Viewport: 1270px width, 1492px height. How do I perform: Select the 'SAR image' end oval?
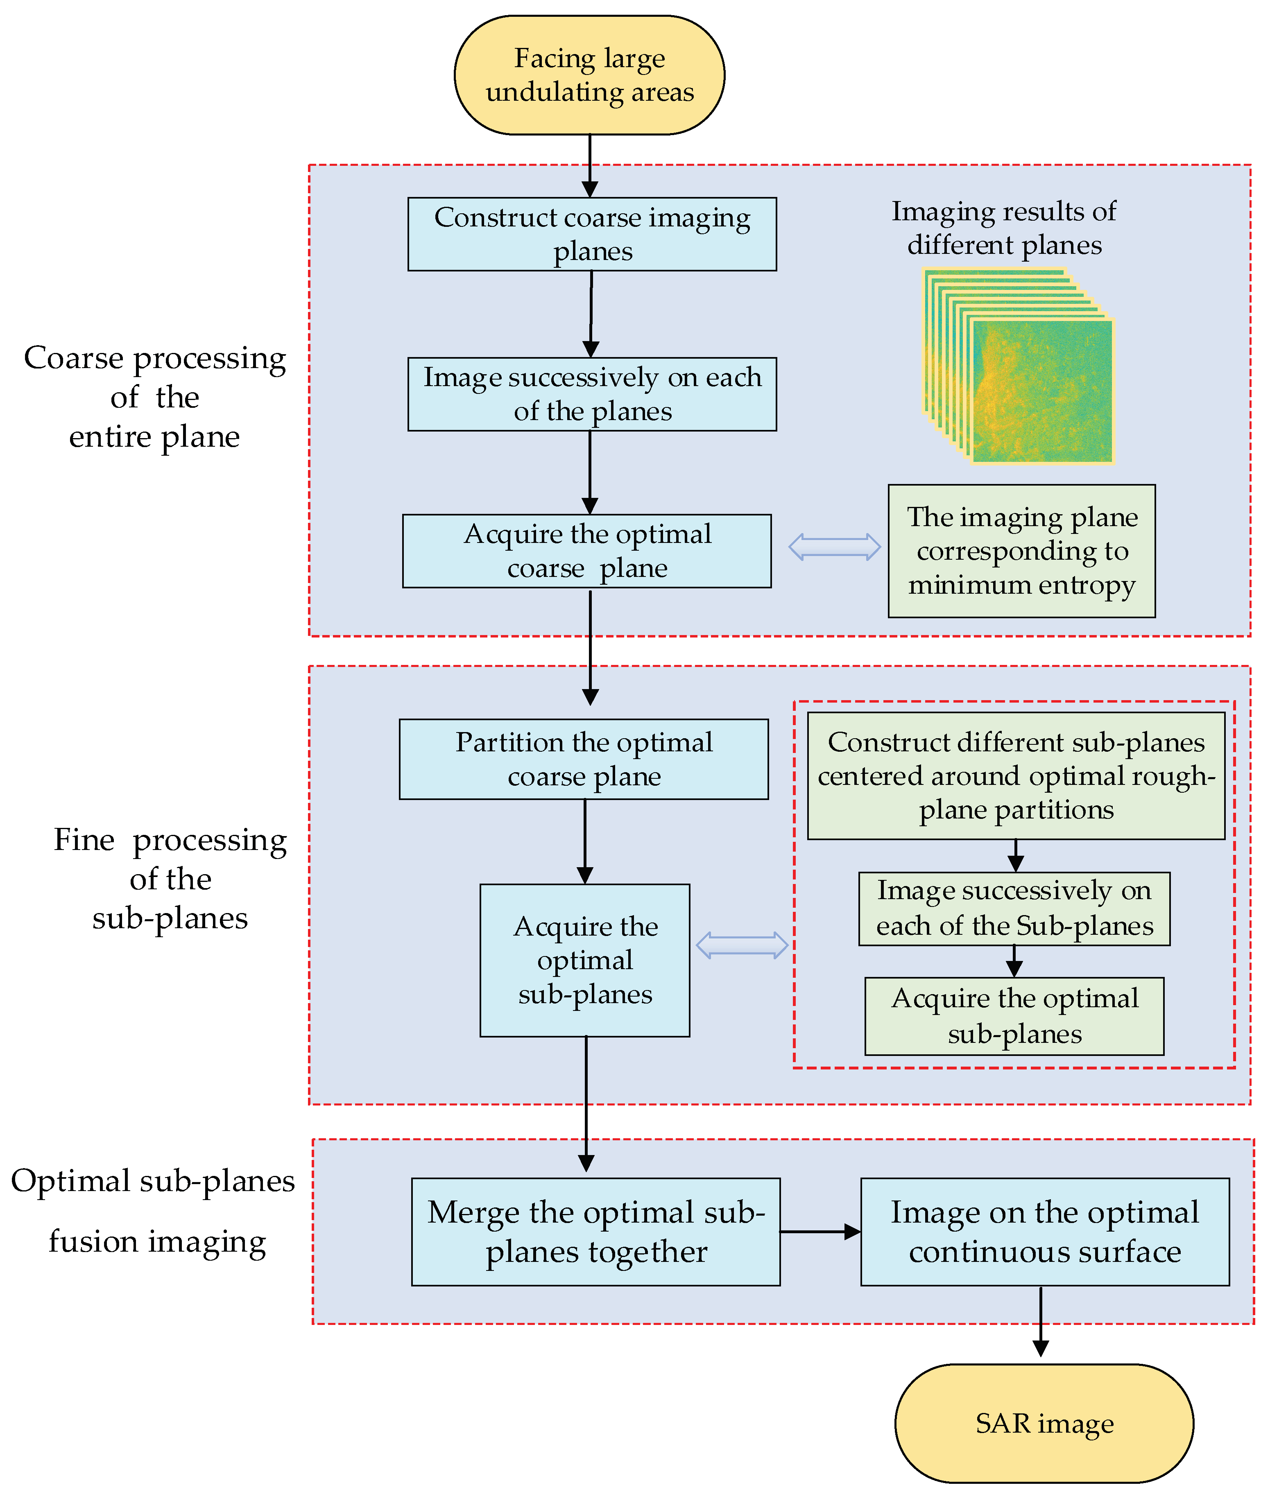[1044, 1423]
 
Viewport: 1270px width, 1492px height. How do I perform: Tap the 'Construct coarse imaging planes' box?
[592, 234]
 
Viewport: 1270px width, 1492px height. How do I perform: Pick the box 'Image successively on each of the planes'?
[592, 394]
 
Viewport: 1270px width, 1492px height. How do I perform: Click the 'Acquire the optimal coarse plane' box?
[587, 551]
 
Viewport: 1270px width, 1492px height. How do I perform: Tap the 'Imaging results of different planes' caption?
[1004, 227]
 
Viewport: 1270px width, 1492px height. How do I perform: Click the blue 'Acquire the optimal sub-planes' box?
[584, 960]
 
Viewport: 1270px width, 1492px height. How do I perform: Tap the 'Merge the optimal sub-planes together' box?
[595, 1232]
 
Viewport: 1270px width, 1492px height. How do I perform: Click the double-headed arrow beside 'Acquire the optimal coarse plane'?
[834, 547]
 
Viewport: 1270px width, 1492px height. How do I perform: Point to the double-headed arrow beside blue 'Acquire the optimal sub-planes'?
[742, 945]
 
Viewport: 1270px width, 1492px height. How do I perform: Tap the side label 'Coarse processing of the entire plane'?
[155, 397]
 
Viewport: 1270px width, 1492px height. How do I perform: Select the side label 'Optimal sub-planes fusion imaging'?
[153, 1211]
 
